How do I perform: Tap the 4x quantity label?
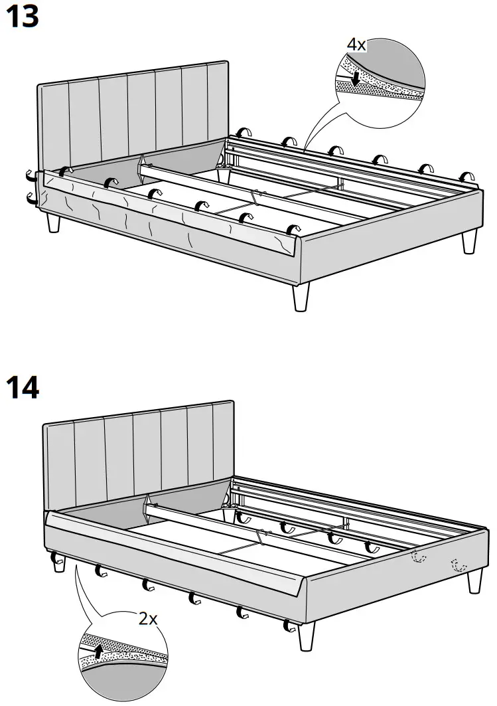click(356, 44)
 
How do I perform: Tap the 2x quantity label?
click(147, 619)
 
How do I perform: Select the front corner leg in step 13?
click(301, 296)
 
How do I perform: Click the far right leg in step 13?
click(470, 242)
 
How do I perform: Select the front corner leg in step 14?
click(306, 636)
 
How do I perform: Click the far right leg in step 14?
click(474, 580)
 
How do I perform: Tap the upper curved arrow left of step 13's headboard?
click(30, 177)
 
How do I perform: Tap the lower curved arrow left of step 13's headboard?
click(30, 197)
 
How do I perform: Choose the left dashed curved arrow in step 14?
click(416, 557)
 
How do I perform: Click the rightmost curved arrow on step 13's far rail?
click(468, 176)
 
